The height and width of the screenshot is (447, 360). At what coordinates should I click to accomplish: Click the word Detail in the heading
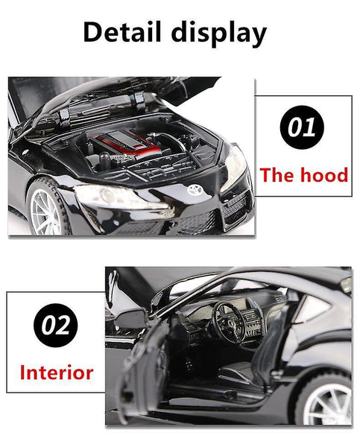(122, 32)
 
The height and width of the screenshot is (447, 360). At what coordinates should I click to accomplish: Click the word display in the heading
(219, 34)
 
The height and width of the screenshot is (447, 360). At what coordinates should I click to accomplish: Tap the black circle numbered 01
(302, 127)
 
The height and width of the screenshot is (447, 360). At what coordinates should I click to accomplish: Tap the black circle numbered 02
(55, 325)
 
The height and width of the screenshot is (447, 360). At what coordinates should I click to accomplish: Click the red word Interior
(57, 372)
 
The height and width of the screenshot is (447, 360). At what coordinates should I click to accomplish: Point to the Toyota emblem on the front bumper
(195, 190)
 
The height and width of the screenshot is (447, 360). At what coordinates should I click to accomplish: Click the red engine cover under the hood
(127, 142)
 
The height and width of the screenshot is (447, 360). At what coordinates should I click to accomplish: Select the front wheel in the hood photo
(48, 206)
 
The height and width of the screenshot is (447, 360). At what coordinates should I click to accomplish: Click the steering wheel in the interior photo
(228, 322)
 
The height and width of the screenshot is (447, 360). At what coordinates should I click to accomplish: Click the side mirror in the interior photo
(130, 319)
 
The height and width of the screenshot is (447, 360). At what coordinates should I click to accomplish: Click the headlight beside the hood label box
(235, 168)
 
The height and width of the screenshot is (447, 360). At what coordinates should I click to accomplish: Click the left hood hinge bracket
(64, 117)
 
